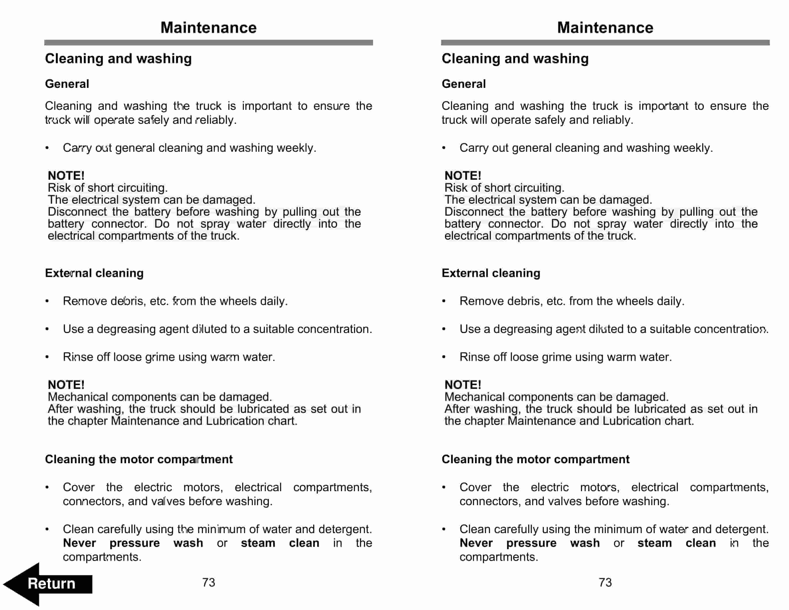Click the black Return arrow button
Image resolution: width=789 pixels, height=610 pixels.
coord(49,584)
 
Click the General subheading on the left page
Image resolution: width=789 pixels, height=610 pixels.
coord(67,84)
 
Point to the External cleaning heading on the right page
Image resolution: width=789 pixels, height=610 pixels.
coord(491,273)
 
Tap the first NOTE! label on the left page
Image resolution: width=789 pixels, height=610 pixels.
coord(66,176)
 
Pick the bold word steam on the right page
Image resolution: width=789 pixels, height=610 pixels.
coord(654,543)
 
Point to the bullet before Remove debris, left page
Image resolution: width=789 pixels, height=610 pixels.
coord(47,301)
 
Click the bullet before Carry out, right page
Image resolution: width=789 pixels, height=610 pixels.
coord(444,148)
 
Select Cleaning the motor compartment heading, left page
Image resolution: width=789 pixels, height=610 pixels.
coord(139,459)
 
